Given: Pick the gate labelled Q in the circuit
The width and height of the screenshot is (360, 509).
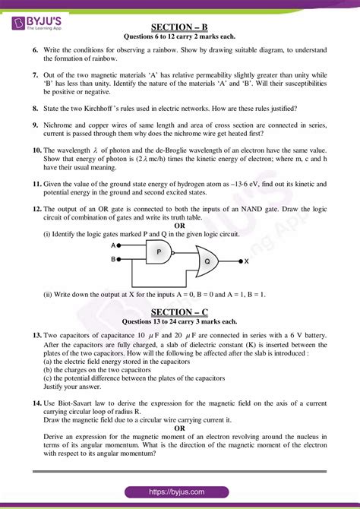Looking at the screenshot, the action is [206, 261].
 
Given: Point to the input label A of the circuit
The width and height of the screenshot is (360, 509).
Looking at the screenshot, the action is [113, 245].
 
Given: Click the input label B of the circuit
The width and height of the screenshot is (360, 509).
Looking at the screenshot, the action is [113, 259].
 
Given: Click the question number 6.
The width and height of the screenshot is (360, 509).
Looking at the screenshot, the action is [36, 49].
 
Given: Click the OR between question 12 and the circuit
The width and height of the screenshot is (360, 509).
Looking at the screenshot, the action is [179, 226].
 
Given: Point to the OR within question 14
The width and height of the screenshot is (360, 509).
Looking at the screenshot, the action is [179, 428].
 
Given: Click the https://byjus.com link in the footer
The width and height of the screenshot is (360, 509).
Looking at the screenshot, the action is [180, 492].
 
